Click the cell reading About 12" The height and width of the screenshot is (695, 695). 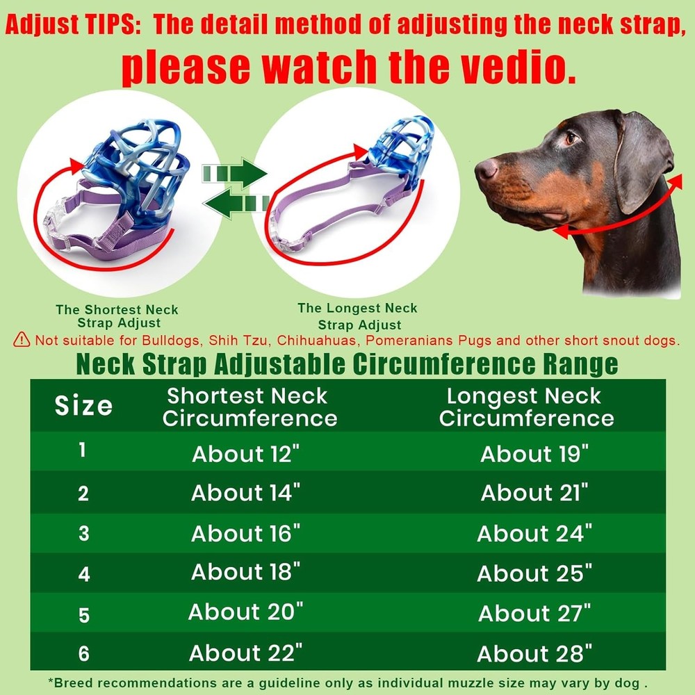pos(246,454)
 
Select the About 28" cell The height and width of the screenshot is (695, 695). pos(534,653)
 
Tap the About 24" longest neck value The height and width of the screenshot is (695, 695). pos(534,534)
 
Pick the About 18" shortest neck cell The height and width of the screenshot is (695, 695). pos(246,573)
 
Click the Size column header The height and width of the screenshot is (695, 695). pos(83,406)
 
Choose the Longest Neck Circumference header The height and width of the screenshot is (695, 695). pos(526,407)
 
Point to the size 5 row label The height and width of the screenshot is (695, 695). pos(83,615)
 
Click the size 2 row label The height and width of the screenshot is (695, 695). pos(83,493)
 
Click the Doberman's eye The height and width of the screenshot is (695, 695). pos(571,138)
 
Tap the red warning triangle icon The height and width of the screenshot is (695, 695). pos(22,340)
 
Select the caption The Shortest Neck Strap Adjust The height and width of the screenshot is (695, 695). pos(117,316)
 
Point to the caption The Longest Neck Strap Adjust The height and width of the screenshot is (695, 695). pos(358,316)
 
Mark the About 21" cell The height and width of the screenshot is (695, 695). pos(534,493)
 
